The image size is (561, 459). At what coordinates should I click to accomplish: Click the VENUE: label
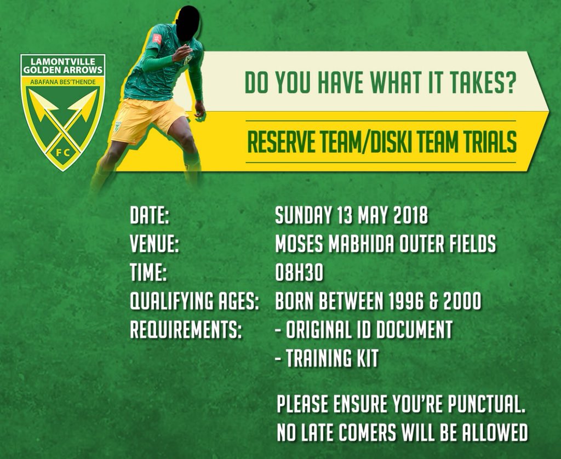(x=155, y=244)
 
